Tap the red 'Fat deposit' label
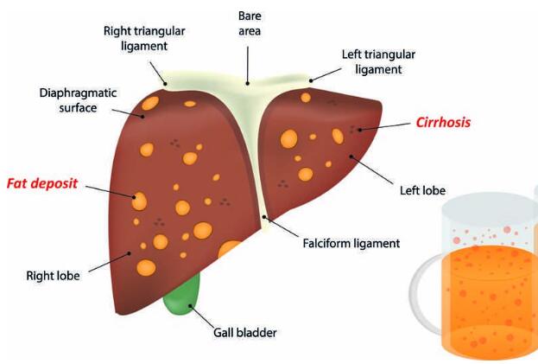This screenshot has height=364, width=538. click(43, 183)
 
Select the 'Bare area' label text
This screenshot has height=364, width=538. click(249, 23)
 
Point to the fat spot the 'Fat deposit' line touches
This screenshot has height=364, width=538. click(139, 201)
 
